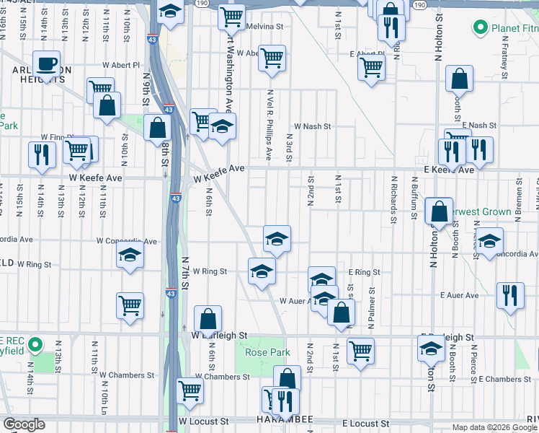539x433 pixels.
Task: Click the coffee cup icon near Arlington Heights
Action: tap(46, 64)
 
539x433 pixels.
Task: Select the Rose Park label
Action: tap(267, 353)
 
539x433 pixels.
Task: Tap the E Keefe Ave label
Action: tap(448, 170)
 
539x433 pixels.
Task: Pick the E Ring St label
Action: tap(364, 273)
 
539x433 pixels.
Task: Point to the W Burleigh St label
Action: tap(220, 336)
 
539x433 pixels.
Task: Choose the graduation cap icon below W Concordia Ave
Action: tap(130, 256)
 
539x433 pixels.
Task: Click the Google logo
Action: tap(23, 424)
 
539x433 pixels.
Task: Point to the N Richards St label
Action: tap(393, 191)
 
